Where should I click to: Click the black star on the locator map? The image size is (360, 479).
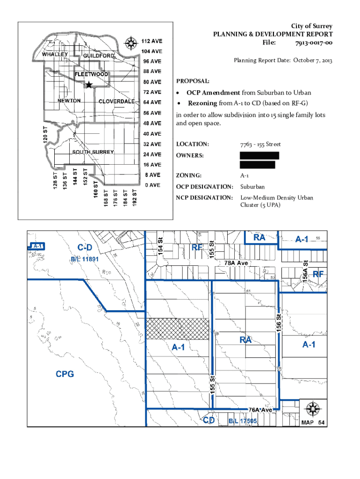(x=89, y=85)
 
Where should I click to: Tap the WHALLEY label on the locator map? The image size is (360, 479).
(x=55, y=54)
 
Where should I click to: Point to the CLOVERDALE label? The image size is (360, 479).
(x=116, y=102)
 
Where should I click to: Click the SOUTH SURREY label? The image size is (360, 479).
(x=93, y=152)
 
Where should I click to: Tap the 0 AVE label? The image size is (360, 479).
(x=152, y=185)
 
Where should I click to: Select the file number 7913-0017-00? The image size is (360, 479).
(x=314, y=43)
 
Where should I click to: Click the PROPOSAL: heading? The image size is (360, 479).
(x=189, y=81)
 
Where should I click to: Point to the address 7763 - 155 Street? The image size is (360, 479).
(x=260, y=144)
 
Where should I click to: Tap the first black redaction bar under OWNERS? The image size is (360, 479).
(x=259, y=155)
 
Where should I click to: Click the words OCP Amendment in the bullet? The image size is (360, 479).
(x=213, y=93)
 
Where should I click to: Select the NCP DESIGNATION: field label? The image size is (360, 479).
(x=204, y=198)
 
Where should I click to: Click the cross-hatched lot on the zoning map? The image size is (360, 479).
(x=178, y=329)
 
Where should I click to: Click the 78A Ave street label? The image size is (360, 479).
(x=236, y=263)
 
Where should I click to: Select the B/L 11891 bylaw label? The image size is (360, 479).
(x=85, y=259)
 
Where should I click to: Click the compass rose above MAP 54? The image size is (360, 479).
(x=312, y=409)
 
